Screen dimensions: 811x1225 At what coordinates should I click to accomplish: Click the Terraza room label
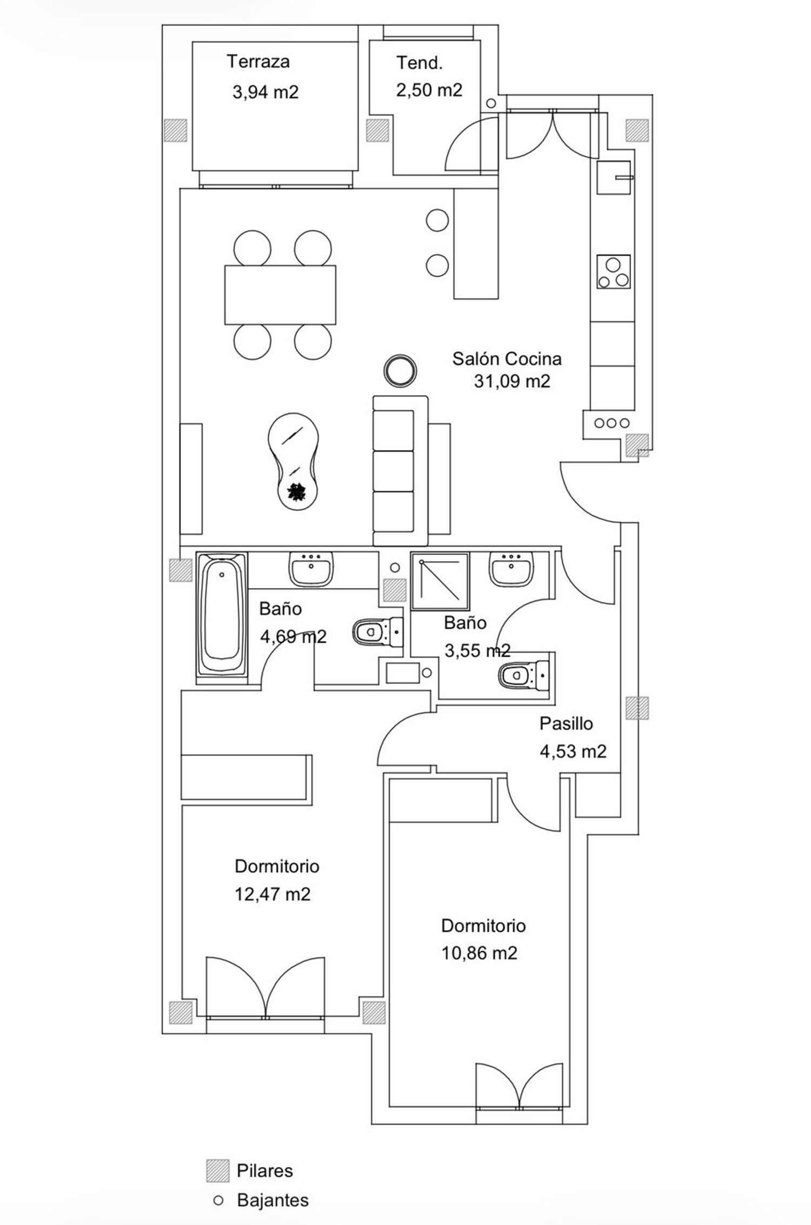click(258, 61)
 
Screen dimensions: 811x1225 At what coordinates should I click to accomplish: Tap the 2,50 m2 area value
click(429, 90)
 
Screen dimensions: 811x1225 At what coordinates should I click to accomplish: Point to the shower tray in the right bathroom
click(440, 581)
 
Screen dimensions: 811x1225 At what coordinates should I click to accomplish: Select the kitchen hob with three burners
click(613, 272)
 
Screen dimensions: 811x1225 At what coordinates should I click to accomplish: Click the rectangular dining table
click(280, 294)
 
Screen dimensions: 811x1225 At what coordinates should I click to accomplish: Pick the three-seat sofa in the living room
click(401, 470)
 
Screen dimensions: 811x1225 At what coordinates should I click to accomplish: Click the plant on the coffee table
click(296, 492)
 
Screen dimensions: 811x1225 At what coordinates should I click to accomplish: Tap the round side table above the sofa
click(400, 370)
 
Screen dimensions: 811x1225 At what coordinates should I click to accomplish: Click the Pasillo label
click(566, 723)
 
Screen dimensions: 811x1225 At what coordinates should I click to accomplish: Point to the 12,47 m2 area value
click(272, 894)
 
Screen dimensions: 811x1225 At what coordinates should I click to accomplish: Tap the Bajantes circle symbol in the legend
click(218, 1200)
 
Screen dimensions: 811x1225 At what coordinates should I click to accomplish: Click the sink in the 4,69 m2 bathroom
click(311, 568)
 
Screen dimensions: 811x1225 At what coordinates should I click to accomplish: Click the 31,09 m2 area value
click(512, 382)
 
